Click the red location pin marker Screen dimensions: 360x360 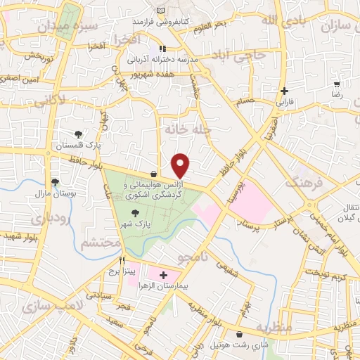(x=181, y=165)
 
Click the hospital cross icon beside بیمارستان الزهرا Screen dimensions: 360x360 (x=163, y=275)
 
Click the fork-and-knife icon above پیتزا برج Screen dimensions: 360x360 (x=122, y=259)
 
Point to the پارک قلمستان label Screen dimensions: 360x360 (x=77, y=145)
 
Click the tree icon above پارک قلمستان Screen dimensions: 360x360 (x=77, y=134)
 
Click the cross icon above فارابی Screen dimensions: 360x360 (x=283, y=91)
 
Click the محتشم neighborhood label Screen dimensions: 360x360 (x=98, y=244)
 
